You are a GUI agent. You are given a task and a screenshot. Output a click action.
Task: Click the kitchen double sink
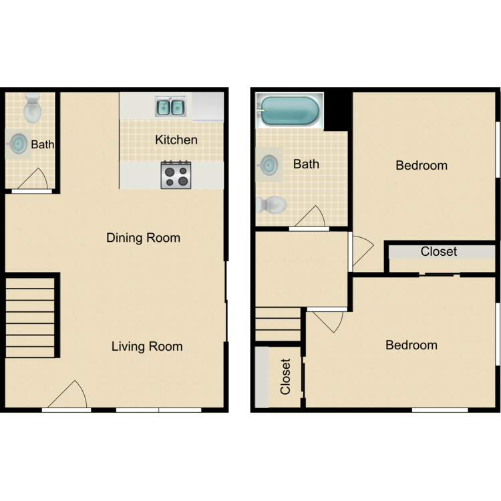171,106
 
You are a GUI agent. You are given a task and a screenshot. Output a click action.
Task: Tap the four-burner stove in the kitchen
176,175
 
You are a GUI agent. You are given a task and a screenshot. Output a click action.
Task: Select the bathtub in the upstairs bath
289,111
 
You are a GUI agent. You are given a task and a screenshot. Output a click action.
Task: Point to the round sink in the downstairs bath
19,143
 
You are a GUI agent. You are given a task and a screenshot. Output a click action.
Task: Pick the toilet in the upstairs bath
271,204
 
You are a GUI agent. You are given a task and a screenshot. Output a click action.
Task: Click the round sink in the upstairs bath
269,164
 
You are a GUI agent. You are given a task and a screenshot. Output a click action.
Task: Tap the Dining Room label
143,238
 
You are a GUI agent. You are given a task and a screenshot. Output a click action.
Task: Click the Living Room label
146,347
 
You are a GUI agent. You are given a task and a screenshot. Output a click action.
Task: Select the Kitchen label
176,140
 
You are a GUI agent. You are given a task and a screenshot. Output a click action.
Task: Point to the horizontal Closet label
439,252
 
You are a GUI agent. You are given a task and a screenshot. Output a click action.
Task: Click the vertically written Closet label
286,377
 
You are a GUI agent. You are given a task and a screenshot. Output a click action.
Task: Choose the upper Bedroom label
421,166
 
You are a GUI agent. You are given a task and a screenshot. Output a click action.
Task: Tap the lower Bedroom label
411,345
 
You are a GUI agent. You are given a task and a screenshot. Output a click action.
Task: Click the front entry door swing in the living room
69,395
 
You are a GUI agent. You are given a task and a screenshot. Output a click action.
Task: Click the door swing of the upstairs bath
311,217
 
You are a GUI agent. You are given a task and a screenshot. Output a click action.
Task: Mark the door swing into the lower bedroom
327,321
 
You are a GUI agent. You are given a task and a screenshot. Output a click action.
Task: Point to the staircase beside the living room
30,317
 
